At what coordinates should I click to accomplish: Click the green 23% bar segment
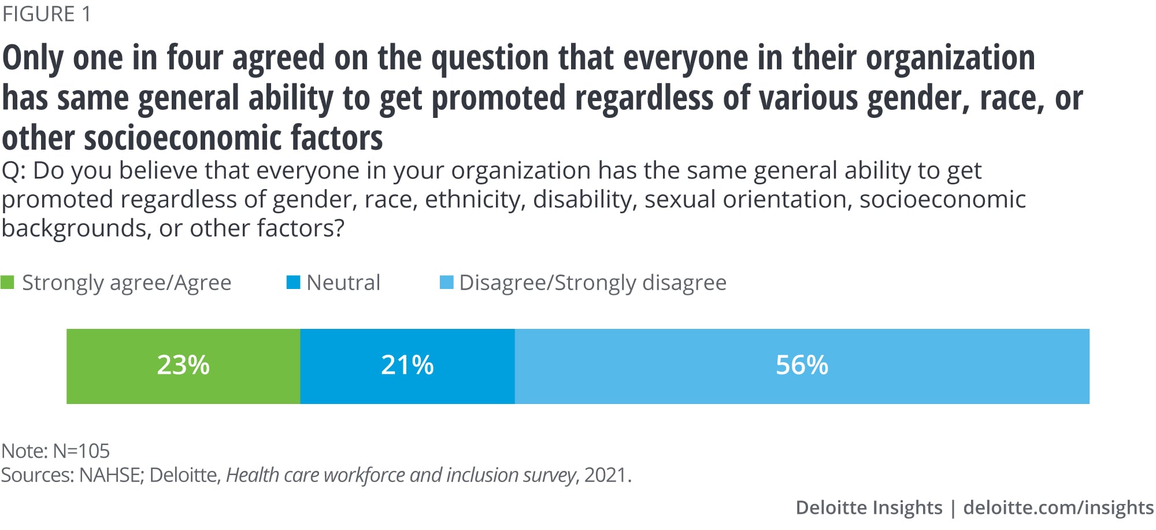[x=183, y=366]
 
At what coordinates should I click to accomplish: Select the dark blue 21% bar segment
[x=407, y=366]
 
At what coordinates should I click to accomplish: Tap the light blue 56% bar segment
[x=801, y=366]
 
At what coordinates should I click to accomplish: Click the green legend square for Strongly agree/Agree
[x=8, y=283]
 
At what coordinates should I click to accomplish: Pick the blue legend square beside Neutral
[x=294, y=283]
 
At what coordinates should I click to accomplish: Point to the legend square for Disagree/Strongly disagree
[x=446, y=283]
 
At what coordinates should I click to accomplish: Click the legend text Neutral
[x=343, y=283]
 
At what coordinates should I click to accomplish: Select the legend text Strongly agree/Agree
[x=127, y=283]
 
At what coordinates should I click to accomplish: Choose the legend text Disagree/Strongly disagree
[x=592, y=283]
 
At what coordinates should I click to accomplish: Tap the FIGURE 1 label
[x=47, y=14]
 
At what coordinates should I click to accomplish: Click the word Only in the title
[x=34, y=58]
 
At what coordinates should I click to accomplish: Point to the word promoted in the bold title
[x=498, y=98]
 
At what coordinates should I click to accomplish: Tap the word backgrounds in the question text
[x=76, y=228]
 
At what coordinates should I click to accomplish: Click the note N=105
[x=81, y=451]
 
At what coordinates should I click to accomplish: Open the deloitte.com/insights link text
[x=1058, y=507]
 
